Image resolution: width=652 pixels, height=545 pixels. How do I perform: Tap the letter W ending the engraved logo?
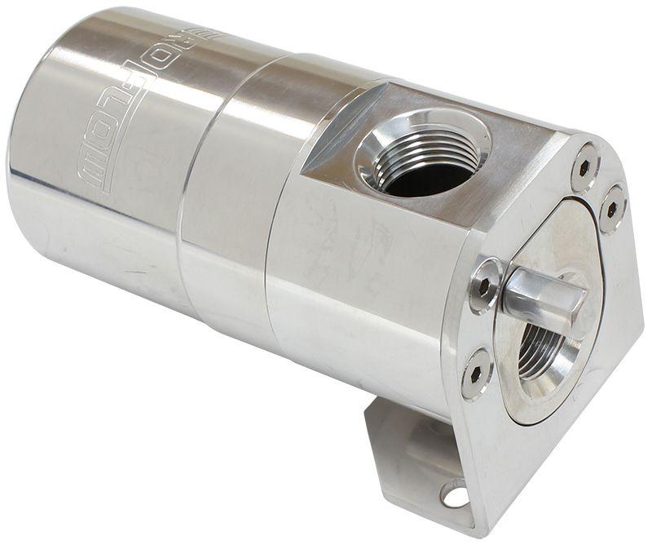coord(91,175)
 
